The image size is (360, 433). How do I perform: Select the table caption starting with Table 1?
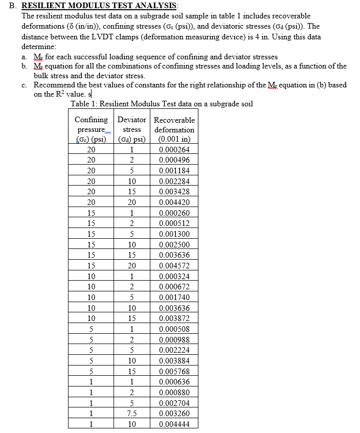pos(162,104)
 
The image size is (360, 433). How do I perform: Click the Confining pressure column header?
pos(91,129)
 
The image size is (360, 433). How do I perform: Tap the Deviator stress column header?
pos(131,129)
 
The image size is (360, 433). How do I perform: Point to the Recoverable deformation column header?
pos(174,129)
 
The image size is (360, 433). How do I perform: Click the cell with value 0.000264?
pos(174,150)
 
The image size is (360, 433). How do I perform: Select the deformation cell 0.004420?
pos(174,202)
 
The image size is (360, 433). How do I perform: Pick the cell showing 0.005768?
pos(174,372)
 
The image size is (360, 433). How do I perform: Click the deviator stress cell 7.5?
pos(131,414)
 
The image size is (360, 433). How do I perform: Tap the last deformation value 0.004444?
pos(174,425)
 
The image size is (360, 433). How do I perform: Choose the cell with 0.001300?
pos(174,234)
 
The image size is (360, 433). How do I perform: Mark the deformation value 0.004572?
pos(174,266)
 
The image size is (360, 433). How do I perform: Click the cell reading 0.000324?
pos(174,277)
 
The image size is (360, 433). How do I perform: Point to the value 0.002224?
pos(174,351)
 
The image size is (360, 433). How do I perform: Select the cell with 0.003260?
pos(174,414)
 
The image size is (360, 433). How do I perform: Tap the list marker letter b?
pos(24,66)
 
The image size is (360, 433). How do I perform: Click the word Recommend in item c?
pos(54,85)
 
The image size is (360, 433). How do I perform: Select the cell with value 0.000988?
pos(174,340)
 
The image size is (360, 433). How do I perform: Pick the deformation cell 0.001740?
pos(174,298)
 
